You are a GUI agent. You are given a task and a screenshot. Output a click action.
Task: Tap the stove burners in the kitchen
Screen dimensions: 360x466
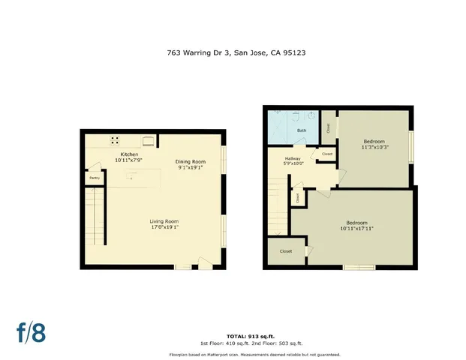tap(116, 139)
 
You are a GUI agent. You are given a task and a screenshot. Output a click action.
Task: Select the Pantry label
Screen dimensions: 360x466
tap(94, 178)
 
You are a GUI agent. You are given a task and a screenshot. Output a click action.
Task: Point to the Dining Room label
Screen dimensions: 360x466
tap(190, 162)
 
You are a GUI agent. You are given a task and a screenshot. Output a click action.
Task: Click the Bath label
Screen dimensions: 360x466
tap(302, 130)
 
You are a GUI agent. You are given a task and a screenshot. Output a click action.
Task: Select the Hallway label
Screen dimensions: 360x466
tap(293, 158)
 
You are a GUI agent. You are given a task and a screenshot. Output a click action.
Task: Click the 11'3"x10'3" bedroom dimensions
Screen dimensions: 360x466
tap(374, 148)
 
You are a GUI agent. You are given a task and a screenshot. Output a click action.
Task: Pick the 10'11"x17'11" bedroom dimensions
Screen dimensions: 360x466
tap(357, 229)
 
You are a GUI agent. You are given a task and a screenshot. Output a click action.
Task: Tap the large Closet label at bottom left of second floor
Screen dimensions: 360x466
tap(286, 251)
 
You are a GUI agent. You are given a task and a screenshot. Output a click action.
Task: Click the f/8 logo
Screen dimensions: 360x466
tap(31, 332)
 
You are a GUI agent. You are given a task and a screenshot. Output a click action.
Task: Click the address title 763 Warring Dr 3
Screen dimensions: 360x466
tap(197, 53)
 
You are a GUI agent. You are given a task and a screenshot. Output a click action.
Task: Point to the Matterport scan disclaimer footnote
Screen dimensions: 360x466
tap(233, 354)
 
